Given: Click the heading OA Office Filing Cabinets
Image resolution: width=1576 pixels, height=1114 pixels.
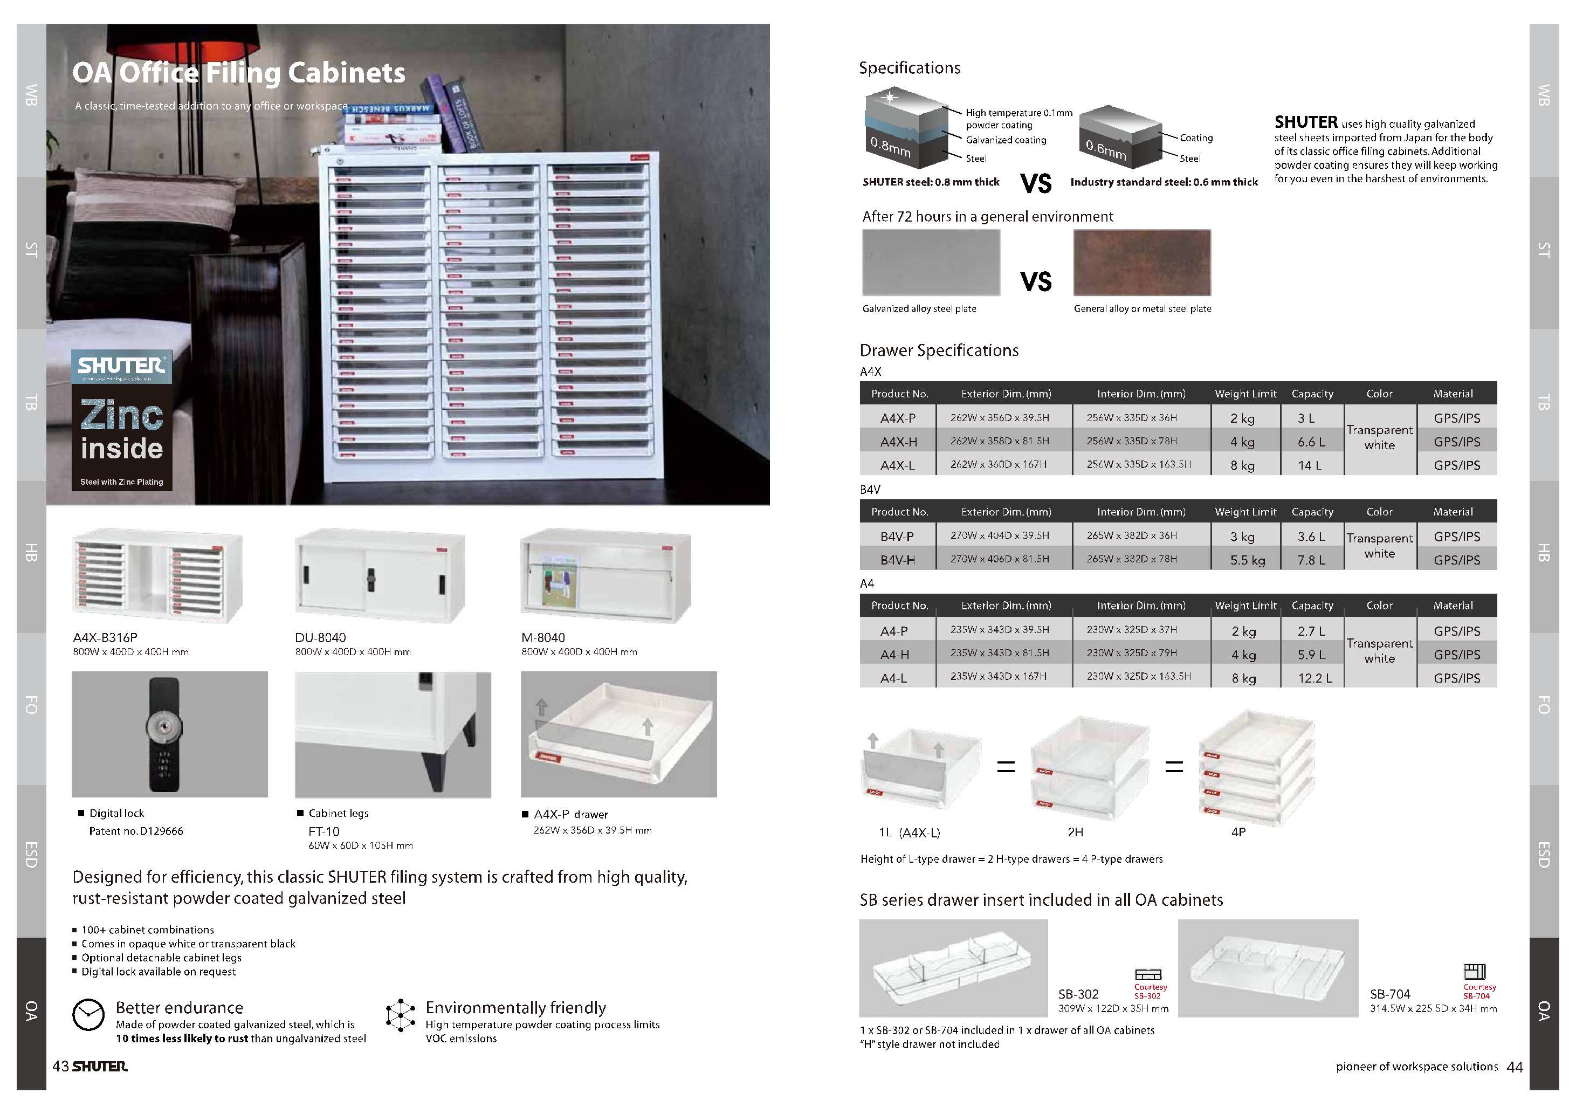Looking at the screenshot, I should click(x=239, y=73).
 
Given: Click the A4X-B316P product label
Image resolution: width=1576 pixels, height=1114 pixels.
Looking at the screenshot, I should click(x=105, y=638).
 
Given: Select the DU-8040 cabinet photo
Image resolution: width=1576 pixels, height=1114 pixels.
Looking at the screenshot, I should click(x=380, y=575).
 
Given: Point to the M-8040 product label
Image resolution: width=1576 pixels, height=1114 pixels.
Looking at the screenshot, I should click(x=543, y=638).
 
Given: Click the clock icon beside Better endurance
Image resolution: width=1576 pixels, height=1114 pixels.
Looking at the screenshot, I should click(x=88, y=1014).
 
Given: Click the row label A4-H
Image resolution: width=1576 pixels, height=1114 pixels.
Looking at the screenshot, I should click(x=894, y=655).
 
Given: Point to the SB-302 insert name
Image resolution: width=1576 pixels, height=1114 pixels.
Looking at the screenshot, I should click(x=1078, y=994).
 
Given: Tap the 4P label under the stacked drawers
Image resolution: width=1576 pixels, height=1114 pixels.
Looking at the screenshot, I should click(x=1238, y=832).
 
